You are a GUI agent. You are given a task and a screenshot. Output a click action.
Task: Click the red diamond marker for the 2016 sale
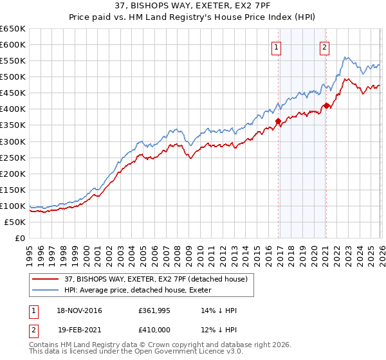point(278,121)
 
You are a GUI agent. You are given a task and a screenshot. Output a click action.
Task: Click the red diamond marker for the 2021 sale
point(326,105)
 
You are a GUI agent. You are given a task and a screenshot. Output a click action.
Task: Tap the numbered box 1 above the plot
point(276,46)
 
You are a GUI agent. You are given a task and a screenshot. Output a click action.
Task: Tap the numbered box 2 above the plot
point(324,46)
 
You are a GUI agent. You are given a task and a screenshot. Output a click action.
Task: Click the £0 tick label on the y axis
point(19,238)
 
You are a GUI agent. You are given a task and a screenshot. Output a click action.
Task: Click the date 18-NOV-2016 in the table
point(78,310)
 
